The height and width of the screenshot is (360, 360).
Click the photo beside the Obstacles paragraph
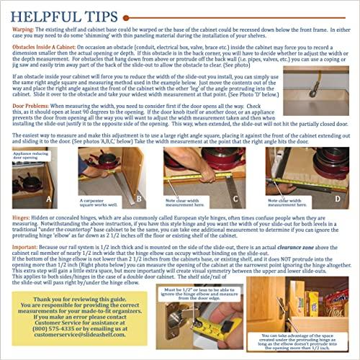pyautogui.click(x=317, y=80)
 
